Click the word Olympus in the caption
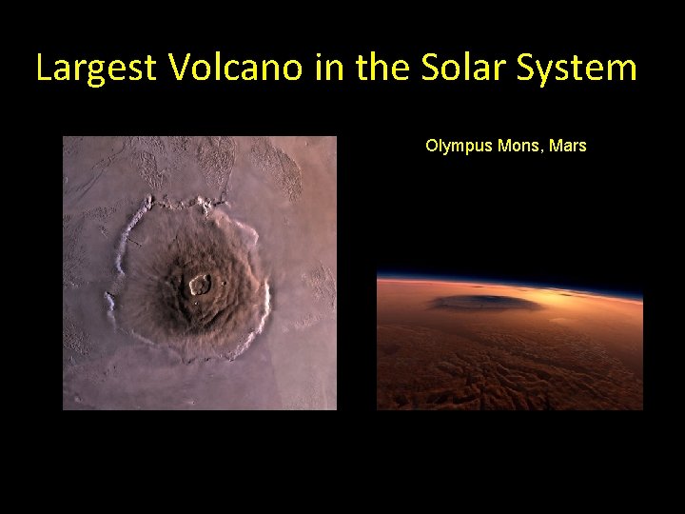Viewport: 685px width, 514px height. coord(459,147)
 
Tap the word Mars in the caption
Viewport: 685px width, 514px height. coord(566,147)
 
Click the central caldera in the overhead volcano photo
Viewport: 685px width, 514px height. coord(199,283)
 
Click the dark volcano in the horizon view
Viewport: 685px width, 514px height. coord(485,303)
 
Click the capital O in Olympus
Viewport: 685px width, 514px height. coord(432,147)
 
